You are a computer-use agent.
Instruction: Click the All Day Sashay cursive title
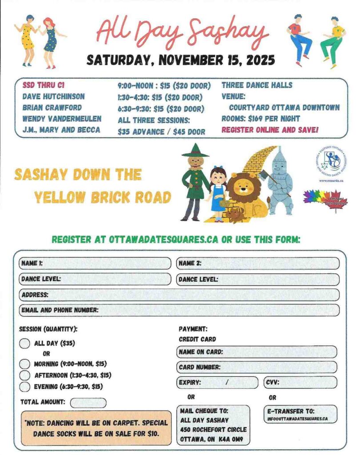coord(182,32)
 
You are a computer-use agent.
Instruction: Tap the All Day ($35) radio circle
coord(25,343)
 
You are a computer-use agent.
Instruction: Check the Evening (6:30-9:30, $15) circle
coord(25,387)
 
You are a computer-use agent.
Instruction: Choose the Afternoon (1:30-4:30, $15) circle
coord(25,375)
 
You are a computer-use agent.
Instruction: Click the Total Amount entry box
coord(88,403)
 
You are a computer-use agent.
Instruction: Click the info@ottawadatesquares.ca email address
coord(297,419)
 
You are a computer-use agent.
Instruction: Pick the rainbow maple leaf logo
coord(325,199)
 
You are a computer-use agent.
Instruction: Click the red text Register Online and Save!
coord(270,130)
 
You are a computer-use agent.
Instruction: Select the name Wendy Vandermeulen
coord(61,119)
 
